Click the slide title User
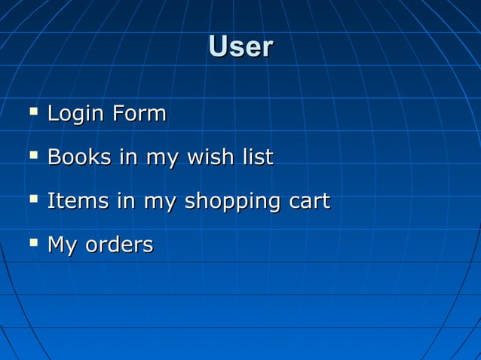click(240, 47)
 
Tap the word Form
click(139, 114)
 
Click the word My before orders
click(62, 246)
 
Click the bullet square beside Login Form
click(32, 113)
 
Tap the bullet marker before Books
click(32, 157)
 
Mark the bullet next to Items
click(32, 200)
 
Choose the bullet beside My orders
click(32, 243)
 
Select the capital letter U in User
click(216, 47)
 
